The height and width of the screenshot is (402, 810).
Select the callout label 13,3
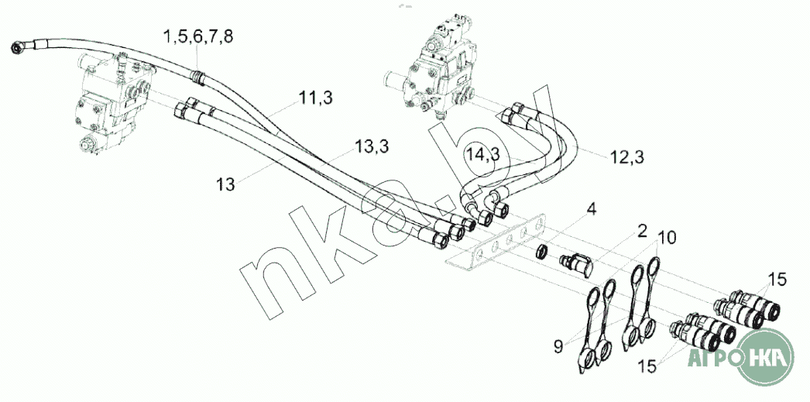click(x=371, y=146)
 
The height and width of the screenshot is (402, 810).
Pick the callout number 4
click(x=591, y=208)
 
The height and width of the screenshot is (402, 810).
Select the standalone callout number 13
click(x=225, y=184)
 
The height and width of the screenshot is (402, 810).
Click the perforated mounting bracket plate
click(x=496, y=243)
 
